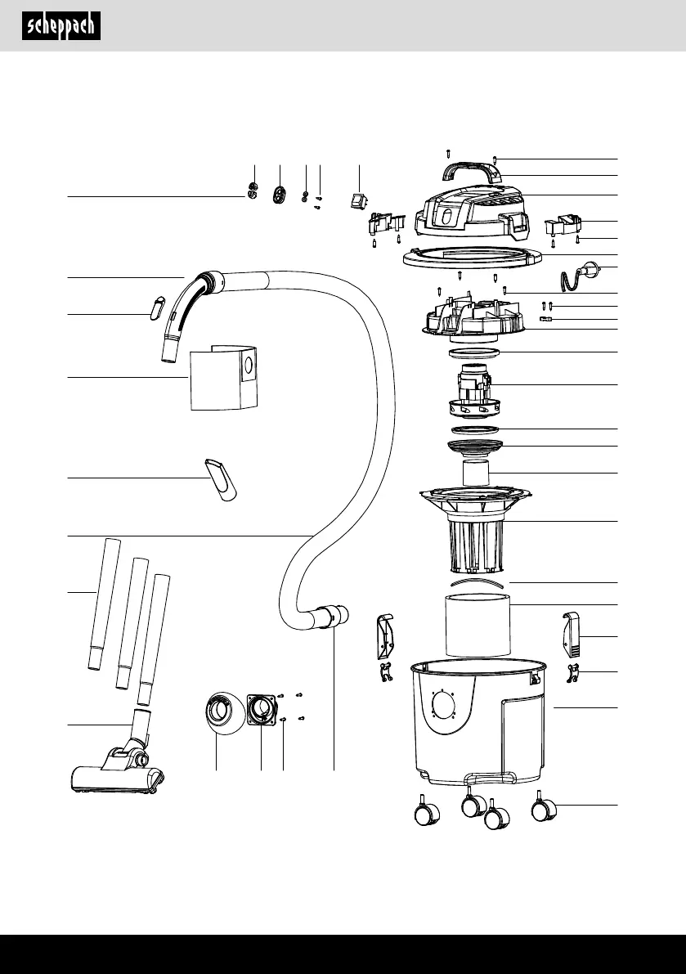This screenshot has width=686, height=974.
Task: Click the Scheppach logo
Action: pyautogui.click(x=61, y=26)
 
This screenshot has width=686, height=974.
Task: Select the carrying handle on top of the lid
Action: pyautogui.click(x=472, y=171)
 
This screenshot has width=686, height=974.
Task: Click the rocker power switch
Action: pyautogui.click(x=358, y=201)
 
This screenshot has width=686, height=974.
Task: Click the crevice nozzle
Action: pyautogui.click(x=221, y=479)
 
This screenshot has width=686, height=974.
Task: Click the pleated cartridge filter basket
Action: pyautogui.click(x=476, y=532)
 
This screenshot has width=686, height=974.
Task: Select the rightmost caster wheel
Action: pyautogui.click(x=544, y=807)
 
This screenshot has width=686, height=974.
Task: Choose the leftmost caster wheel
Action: pyautogui.click(x=427, y=811)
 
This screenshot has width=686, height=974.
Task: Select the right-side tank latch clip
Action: pyautogui.click(x=572, y=635)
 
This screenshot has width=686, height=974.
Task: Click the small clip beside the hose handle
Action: pyautogui.click(x=155, y=307)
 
